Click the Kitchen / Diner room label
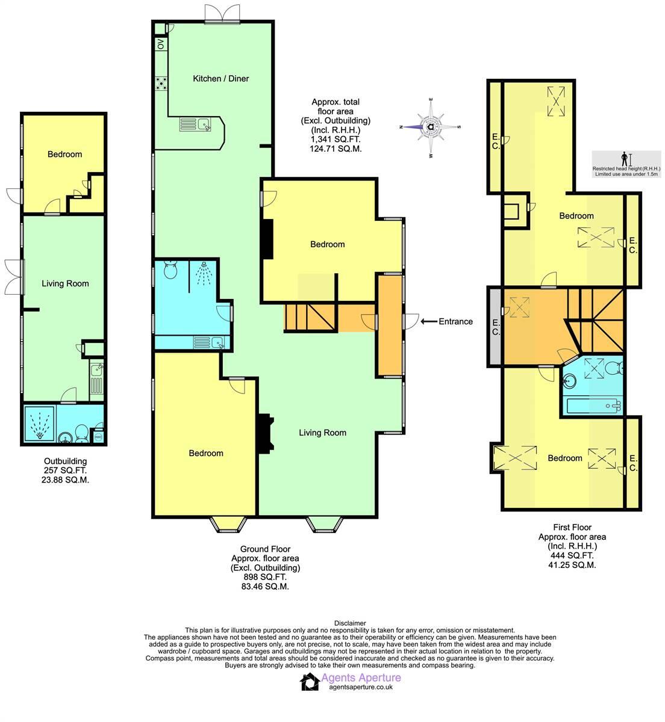(220, 78)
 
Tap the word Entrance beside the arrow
(455, 321)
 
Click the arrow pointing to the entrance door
(428, 321)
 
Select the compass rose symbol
(431, 127)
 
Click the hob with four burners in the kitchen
(161, 83)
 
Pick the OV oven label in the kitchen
(161, 44)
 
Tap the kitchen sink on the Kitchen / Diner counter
(204, 125)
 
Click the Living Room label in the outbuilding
(65, 283)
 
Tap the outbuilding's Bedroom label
(64, 154)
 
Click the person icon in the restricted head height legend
(625, 159)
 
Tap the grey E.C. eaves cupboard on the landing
(495, 327)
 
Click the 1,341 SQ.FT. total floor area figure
(336, 139)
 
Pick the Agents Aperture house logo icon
(310, 682)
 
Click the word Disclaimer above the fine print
(349, 623)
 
